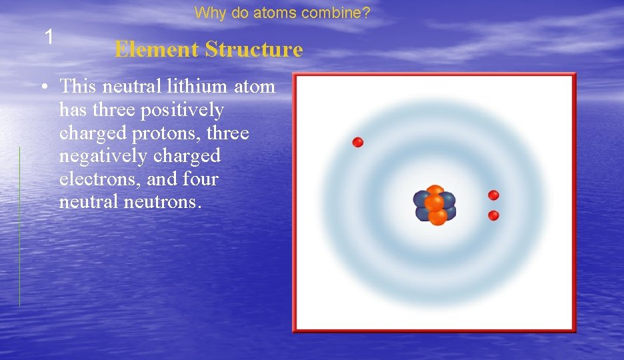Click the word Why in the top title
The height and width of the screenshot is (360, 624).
point(209,13)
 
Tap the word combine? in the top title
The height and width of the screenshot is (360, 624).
point(345,13)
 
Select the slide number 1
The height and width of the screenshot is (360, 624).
point(49,37)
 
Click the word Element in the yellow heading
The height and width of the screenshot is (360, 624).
point(156,49)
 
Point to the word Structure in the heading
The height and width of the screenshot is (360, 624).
point(254,49)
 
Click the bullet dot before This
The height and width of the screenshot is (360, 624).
point(42,87)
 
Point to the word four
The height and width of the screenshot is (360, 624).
point(200,179)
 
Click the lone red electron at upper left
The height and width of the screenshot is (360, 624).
point(358,142)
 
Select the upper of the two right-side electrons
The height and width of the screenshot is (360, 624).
point(493,195)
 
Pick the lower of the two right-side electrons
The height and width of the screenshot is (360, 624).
point(493,215)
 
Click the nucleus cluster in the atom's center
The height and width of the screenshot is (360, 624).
point(435,205)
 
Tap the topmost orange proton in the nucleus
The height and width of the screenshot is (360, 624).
point(435,191)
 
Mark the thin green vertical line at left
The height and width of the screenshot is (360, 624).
point(19,227)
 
